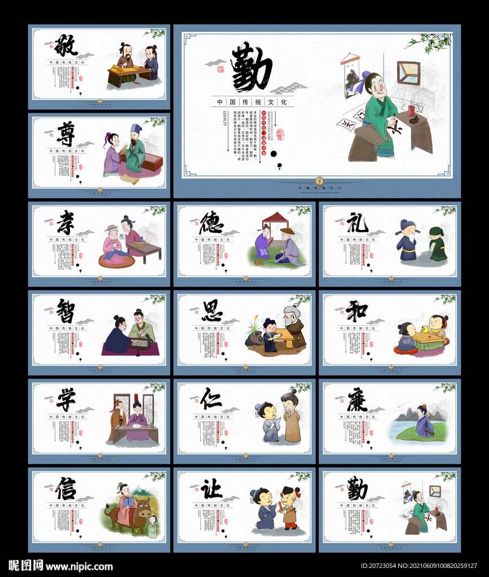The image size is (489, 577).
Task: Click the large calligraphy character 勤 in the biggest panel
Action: (x=251, y=68)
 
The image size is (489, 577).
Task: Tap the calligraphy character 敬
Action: (x=67, y=45)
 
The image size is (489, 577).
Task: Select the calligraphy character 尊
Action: (x=66, y=134)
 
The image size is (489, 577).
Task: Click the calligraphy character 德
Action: (x=212, y=222)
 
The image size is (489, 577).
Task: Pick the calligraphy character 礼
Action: (x=357, y=222)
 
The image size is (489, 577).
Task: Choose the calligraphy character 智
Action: (x=66, y=310)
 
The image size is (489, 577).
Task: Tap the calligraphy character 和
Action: (x=357, y=310)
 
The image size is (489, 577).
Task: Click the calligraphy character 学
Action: (x=66, y=399)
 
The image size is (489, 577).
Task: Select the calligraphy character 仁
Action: (x=212, y=399)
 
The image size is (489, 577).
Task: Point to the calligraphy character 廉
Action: (x=357, y=400)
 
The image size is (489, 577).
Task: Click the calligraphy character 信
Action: (x=66, y=488)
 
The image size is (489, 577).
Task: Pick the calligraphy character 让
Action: (x=212, y=488)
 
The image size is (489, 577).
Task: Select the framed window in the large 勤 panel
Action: (x=408, y=73)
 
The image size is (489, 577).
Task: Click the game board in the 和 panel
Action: (x=427, y=338)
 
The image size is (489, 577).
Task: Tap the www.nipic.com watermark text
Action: (x=79, y=566)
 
